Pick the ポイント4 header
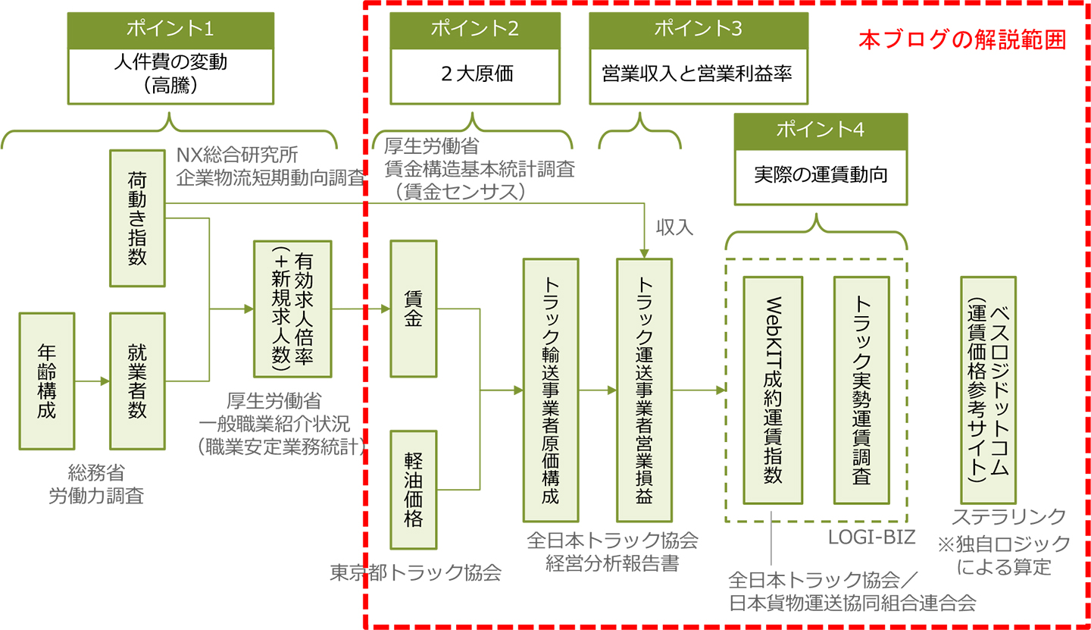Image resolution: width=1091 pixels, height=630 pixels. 821,130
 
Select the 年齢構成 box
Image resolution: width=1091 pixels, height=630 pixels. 47,381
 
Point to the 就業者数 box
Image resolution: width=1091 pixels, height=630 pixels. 137,381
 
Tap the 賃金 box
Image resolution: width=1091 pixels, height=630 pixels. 414,309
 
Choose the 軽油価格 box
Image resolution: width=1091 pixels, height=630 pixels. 414,490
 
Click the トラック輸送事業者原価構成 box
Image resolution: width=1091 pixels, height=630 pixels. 551,390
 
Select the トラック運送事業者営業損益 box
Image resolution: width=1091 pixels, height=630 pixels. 644,390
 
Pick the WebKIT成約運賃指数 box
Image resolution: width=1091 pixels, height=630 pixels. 773,390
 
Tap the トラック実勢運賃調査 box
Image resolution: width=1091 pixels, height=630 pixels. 861,390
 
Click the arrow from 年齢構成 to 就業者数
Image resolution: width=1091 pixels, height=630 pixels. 92,381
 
